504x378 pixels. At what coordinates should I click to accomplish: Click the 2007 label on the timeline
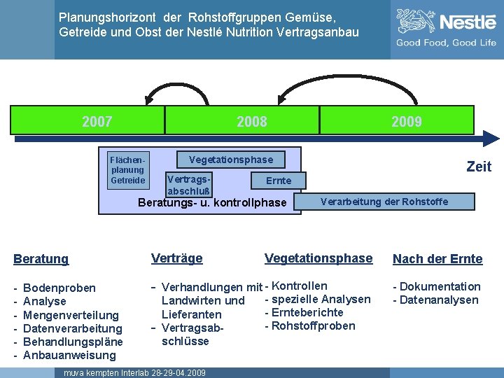tap(97, 122)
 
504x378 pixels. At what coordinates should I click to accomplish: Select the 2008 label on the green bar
tap(251, 122)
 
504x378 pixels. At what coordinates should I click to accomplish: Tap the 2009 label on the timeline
tap(406, 122)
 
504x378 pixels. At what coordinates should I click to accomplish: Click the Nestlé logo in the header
tap(446, 23)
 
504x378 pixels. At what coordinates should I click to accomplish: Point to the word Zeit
tap(479, 167)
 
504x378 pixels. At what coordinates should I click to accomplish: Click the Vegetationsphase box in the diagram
tap(231, 160)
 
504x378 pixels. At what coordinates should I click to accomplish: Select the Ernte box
tap(278, 181)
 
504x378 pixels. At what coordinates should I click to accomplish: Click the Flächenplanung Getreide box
tap(127, 169)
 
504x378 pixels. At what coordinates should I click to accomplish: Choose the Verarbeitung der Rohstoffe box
tap(384, 202)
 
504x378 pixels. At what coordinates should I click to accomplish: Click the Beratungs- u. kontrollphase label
tap(213, 203)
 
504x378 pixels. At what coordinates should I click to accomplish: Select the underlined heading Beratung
tap(41, 259)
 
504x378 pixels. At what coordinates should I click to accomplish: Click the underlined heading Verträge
tap(177, 258)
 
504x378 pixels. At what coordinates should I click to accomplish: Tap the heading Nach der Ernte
tap(437, 259)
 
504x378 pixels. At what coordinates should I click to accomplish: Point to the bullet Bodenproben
tap(59, 288)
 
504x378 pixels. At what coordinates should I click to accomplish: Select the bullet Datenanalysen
tap(438, 300)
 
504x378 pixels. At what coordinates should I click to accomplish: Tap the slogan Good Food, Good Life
tap(446, 43)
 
